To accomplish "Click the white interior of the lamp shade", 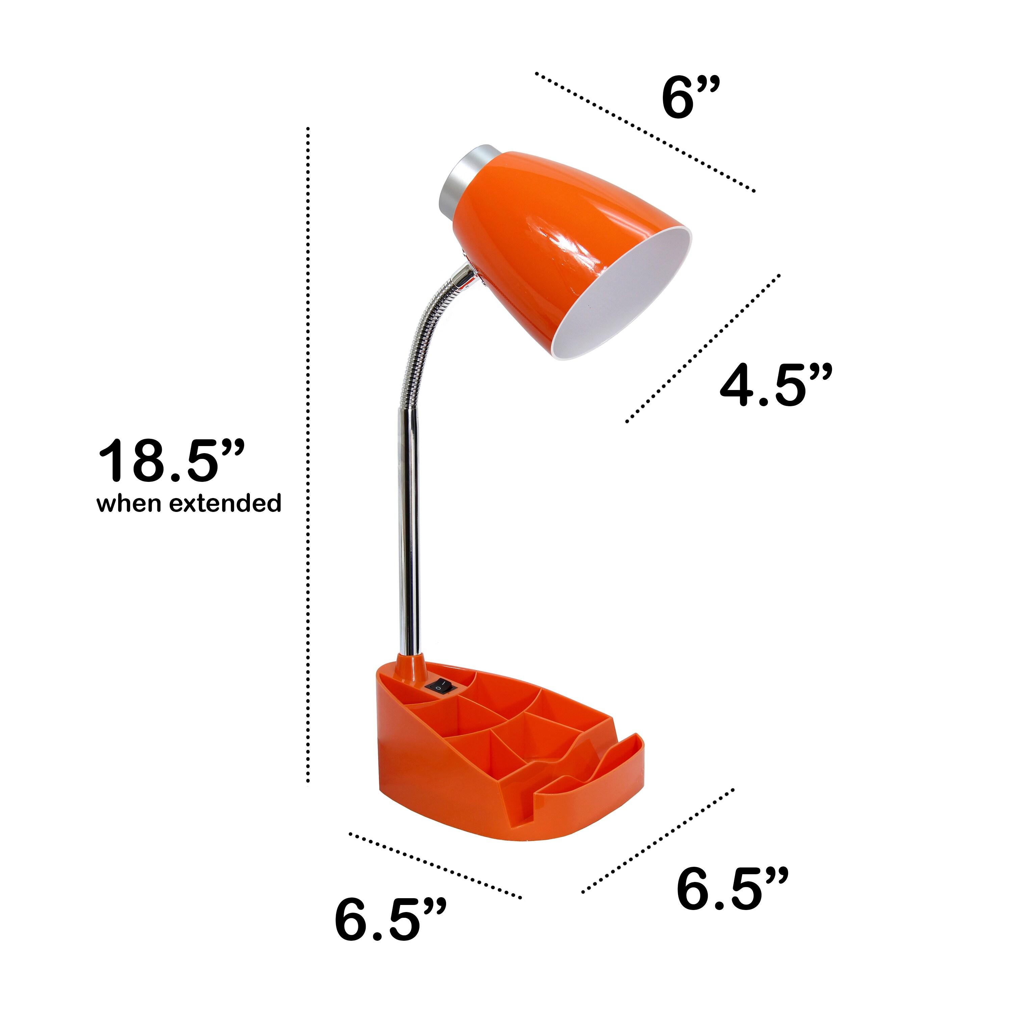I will point(629,299).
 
